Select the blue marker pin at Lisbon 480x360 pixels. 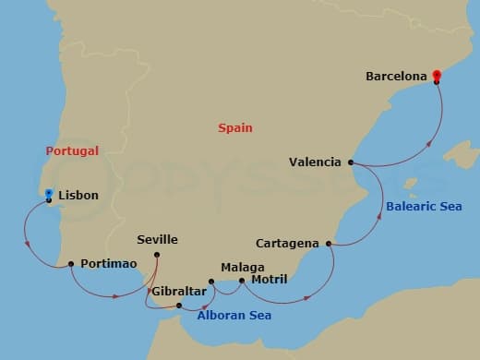point(48,194)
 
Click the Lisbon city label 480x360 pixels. point(78,197)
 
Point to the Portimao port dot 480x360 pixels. point(71,264)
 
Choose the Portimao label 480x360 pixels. point(109,264)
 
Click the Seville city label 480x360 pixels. point(157,240)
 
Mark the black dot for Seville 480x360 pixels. point(157,254)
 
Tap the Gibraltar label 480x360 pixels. point(178,291)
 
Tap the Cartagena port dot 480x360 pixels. point(328,244)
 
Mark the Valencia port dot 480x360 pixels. point(352,162)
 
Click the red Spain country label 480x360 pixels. point(235,128)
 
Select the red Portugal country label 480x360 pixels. point(72,150)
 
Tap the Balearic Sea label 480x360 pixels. point(425,206)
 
